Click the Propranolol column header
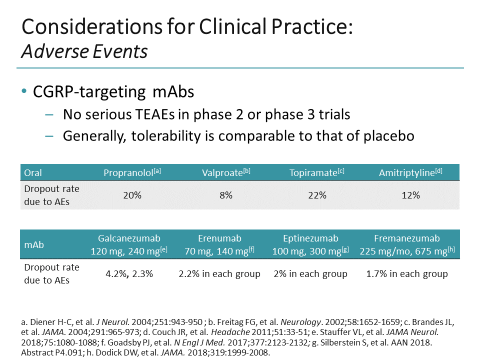[132, 173]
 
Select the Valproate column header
[226, 173]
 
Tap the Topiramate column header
[316, 173]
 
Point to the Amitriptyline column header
[410, 173]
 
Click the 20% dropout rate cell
[132, 195]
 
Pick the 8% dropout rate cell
[226, 195]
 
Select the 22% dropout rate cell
[317, 195]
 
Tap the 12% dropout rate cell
[410, 195]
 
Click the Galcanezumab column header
[129, 244]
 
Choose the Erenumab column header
[219, 244]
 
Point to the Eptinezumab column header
[310, 244]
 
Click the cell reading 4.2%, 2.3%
[128, 274]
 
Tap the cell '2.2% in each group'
[219, 274]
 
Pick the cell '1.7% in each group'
[407, 274]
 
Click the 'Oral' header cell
[33, 173]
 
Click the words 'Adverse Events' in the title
[84, 51]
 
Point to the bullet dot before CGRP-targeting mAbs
[24, 92]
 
